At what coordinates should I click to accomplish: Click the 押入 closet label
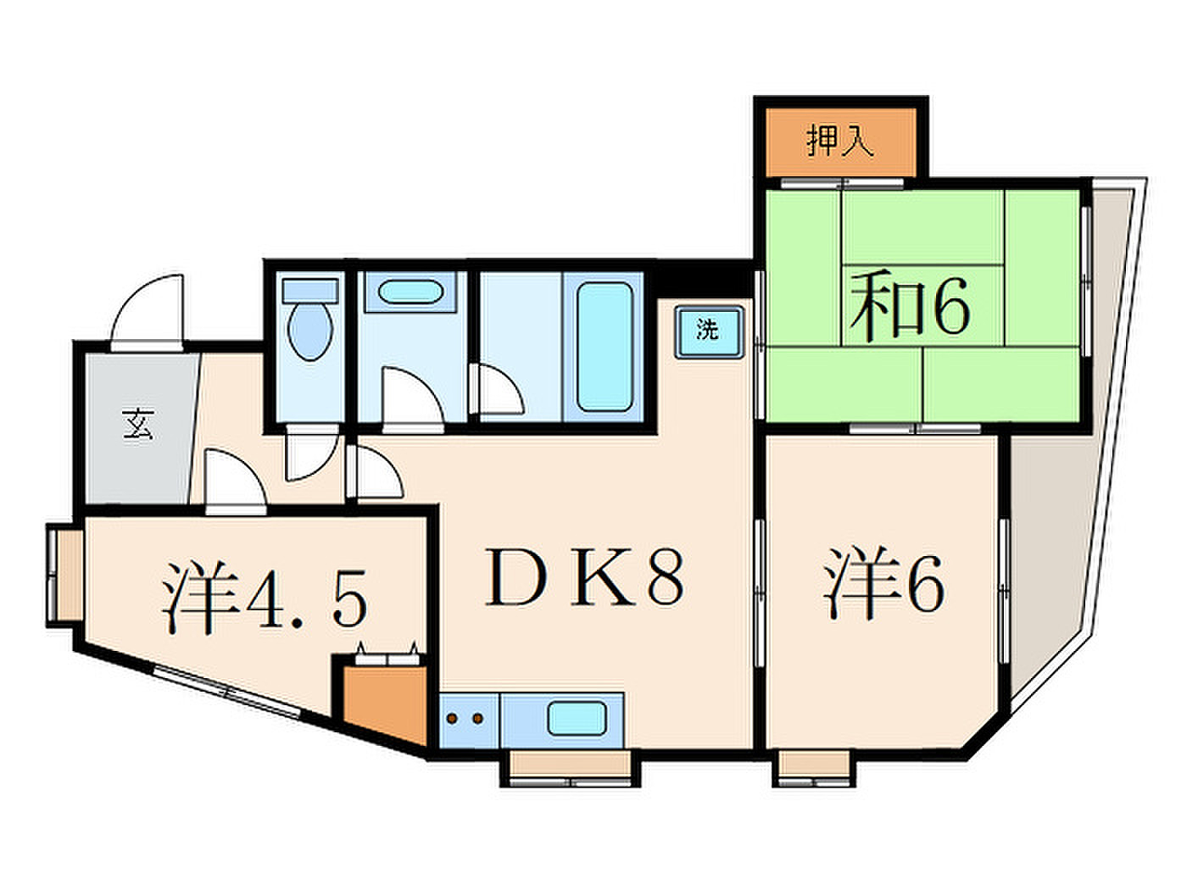pyautogui.click(x=840, y=142)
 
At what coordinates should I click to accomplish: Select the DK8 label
pyautogui.click(x=584, y=576)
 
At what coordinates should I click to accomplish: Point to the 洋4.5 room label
pyautogui.click(x=265, y=598)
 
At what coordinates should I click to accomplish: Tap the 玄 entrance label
pyautogui.click(x=139, y=424)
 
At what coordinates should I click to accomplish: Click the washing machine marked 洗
pyautogui.click(x=709, y=331)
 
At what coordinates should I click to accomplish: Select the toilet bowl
pyautogui.click(x=309, y=331)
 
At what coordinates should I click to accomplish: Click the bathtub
pyautogui.click(x=605, y=347)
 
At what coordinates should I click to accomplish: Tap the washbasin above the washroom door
pyautogui.click(x=410, y=292)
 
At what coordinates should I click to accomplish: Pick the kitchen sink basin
pyautogui.click(x=577, y=719)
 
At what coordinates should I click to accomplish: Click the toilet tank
pyautogui.click(x=310, y=291)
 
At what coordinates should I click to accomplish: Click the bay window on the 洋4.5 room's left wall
pyautogui.click(x=64, y=576)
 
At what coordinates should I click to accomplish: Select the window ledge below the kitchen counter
pyautogui.click(x=571, y=768)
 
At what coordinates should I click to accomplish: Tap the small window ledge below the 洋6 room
pyautogui.click(x=814, y=768)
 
